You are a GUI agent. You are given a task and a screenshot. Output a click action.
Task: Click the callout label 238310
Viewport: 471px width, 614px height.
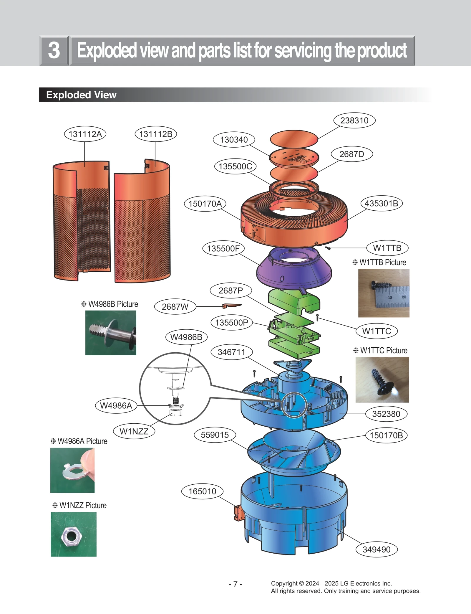tap(354, 121)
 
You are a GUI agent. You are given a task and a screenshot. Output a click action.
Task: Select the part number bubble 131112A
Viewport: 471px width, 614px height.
tap(85, 134)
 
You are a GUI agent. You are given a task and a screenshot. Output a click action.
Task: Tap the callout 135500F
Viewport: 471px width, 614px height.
tap(223, 248)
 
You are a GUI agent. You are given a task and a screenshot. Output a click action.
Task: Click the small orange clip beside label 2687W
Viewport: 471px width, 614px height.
tap(231, 306)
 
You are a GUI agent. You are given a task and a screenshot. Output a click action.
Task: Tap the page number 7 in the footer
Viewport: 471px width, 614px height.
tap(235, 584)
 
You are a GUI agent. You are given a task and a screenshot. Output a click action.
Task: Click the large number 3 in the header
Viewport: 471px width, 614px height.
tap(54, 50)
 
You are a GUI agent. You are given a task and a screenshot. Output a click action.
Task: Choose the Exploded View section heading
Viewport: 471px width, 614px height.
tap(81, 95)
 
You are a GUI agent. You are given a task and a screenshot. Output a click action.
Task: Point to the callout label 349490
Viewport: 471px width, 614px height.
tap(376, 549)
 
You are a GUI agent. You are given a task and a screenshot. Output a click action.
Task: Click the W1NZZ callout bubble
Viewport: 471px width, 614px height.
tap(134, 431)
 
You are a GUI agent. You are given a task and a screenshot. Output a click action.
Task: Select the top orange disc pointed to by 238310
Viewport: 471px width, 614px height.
tap(294, 138)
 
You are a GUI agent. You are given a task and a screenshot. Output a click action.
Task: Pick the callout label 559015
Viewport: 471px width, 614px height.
tap(215, 435)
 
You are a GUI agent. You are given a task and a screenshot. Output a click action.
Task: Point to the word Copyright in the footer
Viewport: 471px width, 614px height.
tap(284, 583)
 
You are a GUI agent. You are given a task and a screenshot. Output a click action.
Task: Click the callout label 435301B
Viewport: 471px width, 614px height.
tap(381, 203)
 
